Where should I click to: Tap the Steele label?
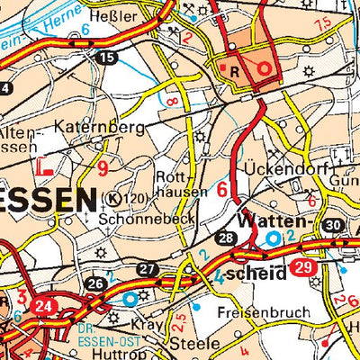(x=195, y=345)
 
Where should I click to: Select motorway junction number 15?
(x=108, y=58)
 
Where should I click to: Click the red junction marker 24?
(x=41, y=307)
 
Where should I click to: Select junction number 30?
(x=334, y=225)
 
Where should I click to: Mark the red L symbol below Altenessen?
(x=42, y=166)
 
